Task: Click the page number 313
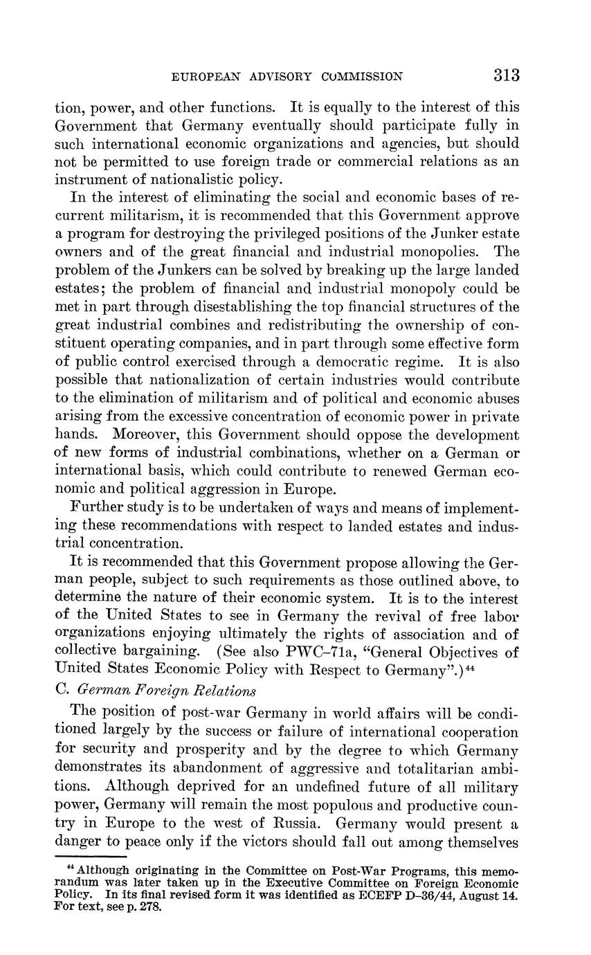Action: point(507,75)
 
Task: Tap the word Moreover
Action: point(147,435)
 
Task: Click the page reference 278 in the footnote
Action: point(150,906)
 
